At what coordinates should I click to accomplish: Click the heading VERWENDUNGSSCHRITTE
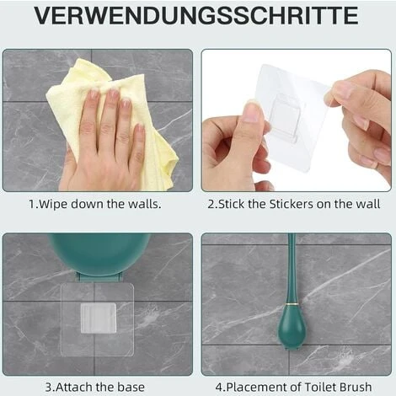(196, 16)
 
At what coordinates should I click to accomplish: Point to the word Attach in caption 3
(74, 387)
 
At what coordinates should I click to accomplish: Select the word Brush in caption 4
(356, 387)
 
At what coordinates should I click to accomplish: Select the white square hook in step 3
(99, 318)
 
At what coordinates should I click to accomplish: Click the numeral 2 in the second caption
(211, 204)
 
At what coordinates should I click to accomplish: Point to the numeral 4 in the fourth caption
(219, 388)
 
